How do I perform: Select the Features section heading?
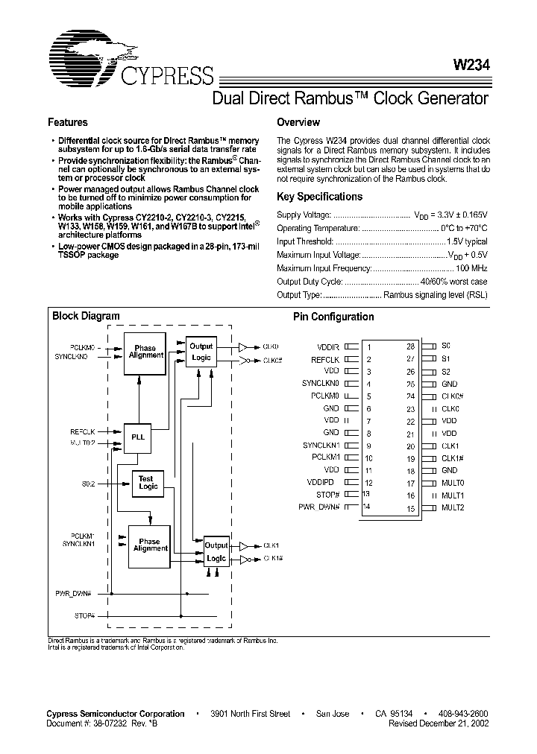[x=68, y=122]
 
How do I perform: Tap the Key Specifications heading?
[x=319, y=197]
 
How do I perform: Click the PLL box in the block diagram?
[x=138, y=437]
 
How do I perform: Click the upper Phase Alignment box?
[x=146, y=352]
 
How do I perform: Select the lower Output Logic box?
[x=216, y=552]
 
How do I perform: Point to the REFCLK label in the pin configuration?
[x=325, y=359]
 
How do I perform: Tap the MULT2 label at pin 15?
[x=453, y=507]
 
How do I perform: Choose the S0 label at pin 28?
[x=446, y=346]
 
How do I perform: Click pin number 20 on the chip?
[x=410, y=446]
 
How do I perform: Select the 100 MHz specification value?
[x=471, y=267]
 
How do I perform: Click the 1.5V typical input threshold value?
[x=467, y=241]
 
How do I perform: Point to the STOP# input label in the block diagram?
[x=85, y=615]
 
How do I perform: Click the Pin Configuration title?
[x=333, y=317]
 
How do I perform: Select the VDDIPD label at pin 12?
[x=326, y=482]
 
